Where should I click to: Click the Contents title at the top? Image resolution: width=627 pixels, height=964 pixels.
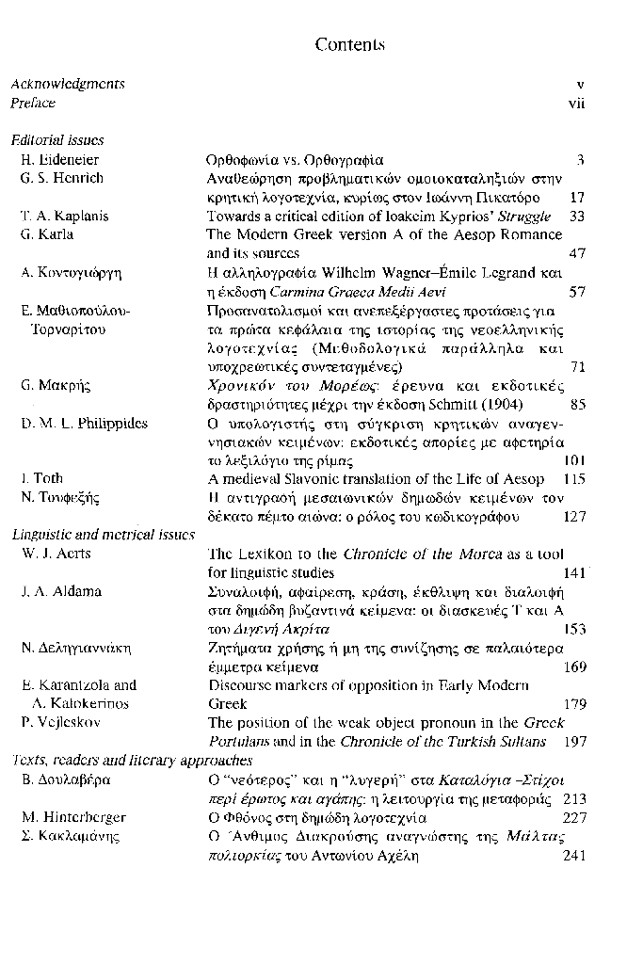coord(350,45)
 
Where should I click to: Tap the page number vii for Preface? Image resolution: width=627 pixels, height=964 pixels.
coord(576,104)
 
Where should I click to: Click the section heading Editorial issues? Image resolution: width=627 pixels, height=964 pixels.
coord(56,141)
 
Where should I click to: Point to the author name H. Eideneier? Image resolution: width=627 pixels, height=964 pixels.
coord(59,160)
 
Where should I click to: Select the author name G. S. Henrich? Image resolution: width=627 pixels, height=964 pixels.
coord(62,179)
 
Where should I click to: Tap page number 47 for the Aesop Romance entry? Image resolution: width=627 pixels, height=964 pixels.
coord(577,254)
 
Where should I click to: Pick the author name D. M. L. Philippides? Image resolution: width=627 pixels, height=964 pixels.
coord(84,424)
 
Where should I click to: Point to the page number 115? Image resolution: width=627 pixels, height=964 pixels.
coord(572,479)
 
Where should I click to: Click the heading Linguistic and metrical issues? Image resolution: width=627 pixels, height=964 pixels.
coord(103,535)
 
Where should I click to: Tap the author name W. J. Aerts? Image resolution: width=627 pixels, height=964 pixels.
coord(56,554)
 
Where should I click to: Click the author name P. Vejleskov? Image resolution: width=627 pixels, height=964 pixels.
coord(60,723)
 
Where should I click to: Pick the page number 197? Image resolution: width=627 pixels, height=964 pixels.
coord(572,742)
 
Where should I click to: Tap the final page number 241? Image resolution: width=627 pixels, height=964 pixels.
coord(572,856)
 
